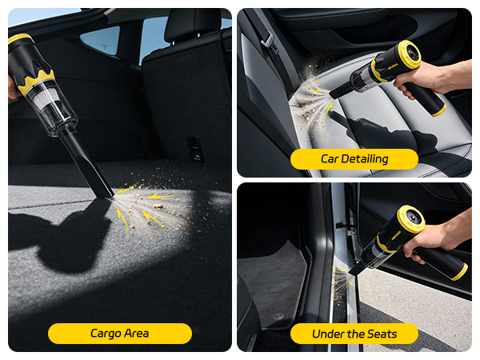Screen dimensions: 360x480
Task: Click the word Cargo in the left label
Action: tap(105, 334)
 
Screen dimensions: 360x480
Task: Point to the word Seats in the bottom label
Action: tap(379, 334)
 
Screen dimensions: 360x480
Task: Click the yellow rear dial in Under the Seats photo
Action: tap(410, 220)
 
